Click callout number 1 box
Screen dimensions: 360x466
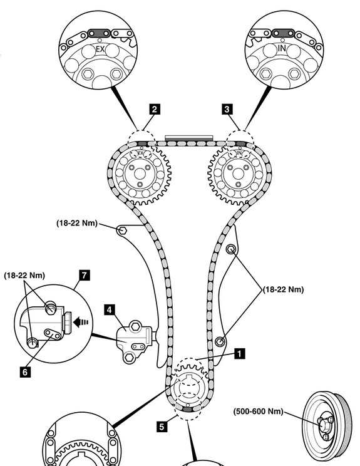pos(240,354)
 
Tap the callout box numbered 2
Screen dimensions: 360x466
pos(154,109)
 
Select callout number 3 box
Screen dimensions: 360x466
pos(227,109)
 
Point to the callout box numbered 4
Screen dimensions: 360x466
pos(110,309)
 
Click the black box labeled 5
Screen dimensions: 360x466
pos(162,427)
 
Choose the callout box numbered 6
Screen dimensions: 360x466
pos(25,372)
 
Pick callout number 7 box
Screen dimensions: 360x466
pos(85,275)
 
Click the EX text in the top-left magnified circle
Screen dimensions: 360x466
pos(100,49)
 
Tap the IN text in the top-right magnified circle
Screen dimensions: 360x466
pos(282,48)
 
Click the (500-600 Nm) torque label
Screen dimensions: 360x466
pos(258,411)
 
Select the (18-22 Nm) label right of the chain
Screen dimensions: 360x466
pos(284,289)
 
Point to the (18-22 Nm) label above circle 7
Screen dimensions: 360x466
pos(24,275)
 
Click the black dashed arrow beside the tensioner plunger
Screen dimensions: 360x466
pos(81,322)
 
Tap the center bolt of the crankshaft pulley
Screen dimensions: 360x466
pos(323,425)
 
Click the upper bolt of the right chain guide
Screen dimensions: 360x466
pos(231,249)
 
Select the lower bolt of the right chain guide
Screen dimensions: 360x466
pos(220,341)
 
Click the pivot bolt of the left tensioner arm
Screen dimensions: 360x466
pos(122,230)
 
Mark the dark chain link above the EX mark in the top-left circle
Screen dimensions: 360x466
pos(99,33)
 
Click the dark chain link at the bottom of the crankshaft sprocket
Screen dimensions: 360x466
pos(187,410)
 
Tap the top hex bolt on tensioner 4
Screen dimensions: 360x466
pos(135,326)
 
